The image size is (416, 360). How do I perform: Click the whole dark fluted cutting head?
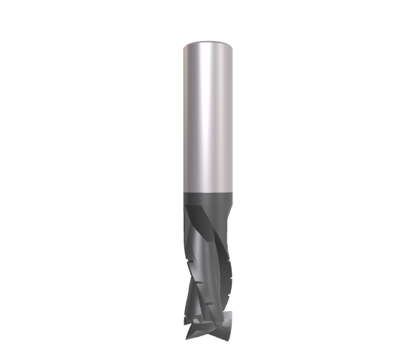pyautogui.click(x=208, y=266)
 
